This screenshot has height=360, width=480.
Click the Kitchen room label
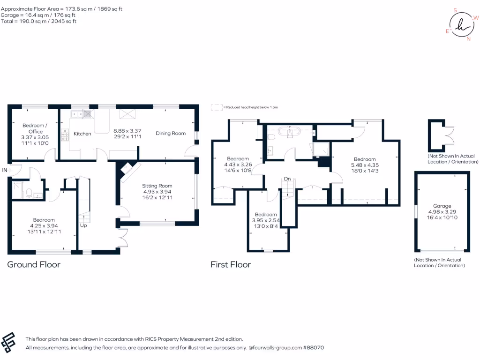(x=82, y=134)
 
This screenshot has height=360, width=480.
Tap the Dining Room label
(x=171, y=133)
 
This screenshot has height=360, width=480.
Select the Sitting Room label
(x=157, y=186)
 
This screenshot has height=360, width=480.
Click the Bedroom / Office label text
(x=35, y=126)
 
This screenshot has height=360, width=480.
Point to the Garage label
(x=442, y=206)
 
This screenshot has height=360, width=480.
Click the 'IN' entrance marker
(x=4, y=170)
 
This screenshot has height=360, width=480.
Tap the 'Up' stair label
(x=83, y=225)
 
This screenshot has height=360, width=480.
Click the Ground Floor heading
(x=34, y=264)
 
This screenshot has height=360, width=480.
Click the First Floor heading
(x=231, y=264)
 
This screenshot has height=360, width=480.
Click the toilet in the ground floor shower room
(x=29, y=192)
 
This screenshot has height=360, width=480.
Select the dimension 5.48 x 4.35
(x=365, y=165)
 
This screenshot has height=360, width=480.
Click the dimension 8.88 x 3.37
(x=128, y=131)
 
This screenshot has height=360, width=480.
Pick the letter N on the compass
(x=468, y=39)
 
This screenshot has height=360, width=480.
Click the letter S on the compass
(x=455, y=10)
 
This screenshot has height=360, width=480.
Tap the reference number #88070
(x=313, y=348)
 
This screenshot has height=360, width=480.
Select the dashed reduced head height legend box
(x=216, y=107)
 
